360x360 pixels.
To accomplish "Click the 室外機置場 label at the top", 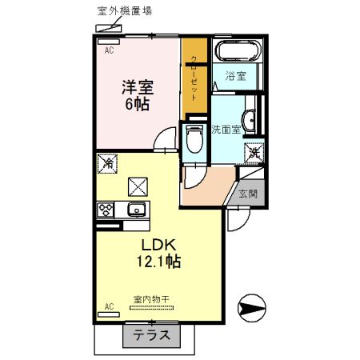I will (x=104, y=11).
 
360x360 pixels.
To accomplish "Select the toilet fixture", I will (x=194, y=141).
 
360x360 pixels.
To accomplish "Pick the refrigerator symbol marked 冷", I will (x=109, y=162).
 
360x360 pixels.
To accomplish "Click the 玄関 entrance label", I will (x=248, y=193).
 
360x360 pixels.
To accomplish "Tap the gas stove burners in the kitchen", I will (x=106, y=211).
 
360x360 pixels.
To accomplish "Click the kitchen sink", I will (x=135, y=211).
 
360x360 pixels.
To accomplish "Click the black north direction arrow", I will (x=250, y=306).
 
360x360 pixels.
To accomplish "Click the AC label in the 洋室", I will (x=107, y=50).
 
